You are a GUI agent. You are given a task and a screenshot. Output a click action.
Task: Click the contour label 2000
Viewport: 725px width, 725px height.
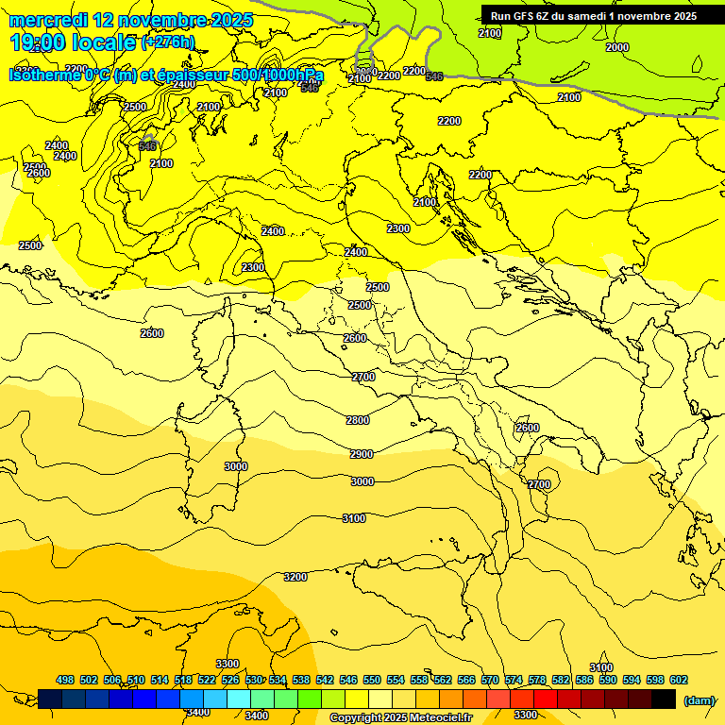pyautogui.click(x=616, y=47)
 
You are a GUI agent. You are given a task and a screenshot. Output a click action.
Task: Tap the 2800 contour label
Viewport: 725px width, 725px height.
pyautogui.click(x=358, y=420)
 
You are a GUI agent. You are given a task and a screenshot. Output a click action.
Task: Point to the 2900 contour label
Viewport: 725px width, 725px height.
pyautogui.click(x=362, y=454)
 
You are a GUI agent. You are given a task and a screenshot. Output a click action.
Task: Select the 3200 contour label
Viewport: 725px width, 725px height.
pyautogui.click(x=295, y=577)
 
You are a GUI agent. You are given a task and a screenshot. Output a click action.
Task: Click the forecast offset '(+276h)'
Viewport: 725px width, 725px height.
pyautogui.click(x=168, y=42)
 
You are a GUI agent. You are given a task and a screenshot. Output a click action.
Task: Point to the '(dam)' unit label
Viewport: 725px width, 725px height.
pyautogui.click(x=698, y=700)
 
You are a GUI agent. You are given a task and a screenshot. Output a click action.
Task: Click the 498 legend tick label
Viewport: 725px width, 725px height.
pyautogui.click(x=65, y=680)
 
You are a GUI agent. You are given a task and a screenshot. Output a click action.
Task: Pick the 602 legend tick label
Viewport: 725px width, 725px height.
pyautogui.click(x=679, y=680)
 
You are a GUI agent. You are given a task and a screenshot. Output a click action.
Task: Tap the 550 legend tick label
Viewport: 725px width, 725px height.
pyautogui.click(x=372, y=680)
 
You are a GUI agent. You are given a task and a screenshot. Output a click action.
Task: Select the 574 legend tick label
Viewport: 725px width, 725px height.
pyautogui.click(x=514, y=680)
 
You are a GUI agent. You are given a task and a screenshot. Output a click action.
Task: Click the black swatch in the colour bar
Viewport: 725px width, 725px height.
pyautogui.click(x=664, y=699)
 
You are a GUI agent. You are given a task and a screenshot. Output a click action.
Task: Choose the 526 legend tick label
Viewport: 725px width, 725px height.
pyautogui.click(x=230, y=680)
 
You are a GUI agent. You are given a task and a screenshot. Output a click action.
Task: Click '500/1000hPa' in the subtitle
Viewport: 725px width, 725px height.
pyautogui.click(x=278, y=76)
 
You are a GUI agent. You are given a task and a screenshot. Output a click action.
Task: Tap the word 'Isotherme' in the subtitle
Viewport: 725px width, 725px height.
pyautogui.click(x=46, y=76)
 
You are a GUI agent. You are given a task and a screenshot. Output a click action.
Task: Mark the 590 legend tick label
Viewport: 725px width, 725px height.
pyautogui.click(x=608, y=680)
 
